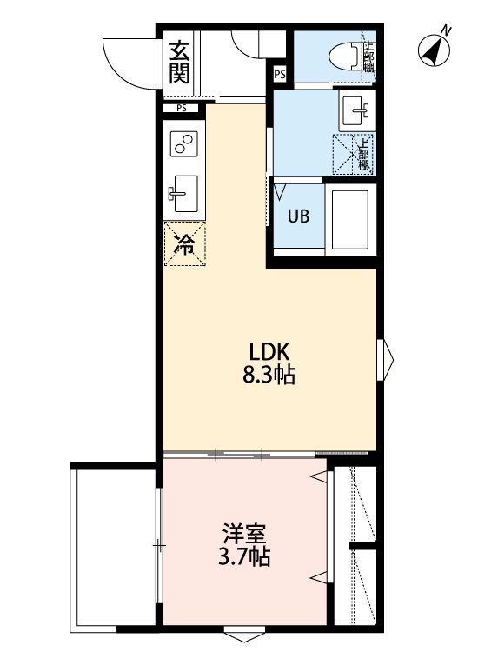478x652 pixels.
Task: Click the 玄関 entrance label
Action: point(179,62)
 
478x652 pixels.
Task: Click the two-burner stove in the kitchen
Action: point(183,143)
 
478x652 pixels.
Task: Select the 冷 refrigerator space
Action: point(184,244)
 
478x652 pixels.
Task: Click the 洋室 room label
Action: point(243,533)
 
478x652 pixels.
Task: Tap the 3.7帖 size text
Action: point(243,557)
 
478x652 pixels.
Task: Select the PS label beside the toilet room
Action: point(279,75)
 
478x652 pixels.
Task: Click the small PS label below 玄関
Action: point(181,109)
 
